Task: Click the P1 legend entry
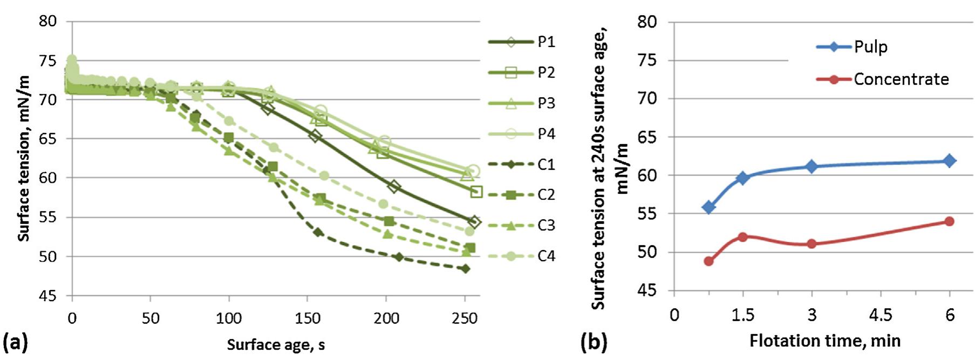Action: tap(546, 42)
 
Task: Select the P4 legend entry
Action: tap(546, 134)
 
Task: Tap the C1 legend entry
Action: tap(546, 164)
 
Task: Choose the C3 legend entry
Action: tap(546, 225)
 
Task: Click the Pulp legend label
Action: tap(870, 47)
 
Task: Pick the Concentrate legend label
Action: tap(901, 79)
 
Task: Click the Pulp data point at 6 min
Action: tap(950, 161)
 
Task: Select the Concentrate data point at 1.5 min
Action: tap(743, 237)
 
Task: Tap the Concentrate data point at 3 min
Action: tap(812, 244)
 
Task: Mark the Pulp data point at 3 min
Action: tap(812, 166)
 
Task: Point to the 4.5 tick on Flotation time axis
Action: tap(881, 315)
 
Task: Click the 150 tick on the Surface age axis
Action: tap(307, 318)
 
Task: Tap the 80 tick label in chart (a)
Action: tap(47, 22)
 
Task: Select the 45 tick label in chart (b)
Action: tap(647, 291)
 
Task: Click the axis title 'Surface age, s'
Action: tap(276, 345)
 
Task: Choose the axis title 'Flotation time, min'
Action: tap(825, 341)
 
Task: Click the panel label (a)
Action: tap(15, 343)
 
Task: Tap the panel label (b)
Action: tap(594, 342)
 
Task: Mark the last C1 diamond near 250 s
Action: tap(465, 269)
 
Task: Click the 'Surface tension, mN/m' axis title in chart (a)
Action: tap(24, 158)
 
